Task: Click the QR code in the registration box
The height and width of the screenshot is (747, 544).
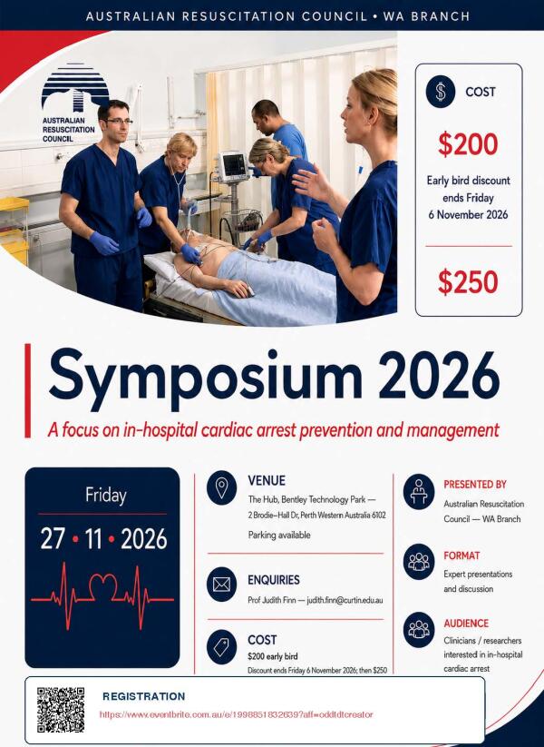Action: pos(61,710)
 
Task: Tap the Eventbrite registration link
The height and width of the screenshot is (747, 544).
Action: pos(236,714)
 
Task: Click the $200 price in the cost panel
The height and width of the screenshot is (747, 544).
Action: pos(468,144)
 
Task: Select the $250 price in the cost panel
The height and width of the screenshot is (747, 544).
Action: pos(468,281)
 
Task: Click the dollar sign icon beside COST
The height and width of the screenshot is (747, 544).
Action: pos(441,92)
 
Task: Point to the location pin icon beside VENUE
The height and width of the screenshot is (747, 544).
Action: pos(222,487)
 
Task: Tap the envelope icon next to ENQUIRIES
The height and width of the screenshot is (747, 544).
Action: pos(222,584)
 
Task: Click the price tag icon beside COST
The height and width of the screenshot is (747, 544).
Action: pos(222,647)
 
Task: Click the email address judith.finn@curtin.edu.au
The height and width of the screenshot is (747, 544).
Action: pos(345,600)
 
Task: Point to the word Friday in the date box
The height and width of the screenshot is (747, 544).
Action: pos(106,496)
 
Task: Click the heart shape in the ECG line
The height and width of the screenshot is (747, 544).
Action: pos(103,585)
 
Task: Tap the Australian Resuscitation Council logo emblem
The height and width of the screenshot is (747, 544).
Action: pos(74,87)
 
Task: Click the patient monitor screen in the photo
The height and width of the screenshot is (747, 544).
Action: pos(234,165)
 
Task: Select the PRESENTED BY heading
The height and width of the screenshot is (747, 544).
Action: pos(475,485)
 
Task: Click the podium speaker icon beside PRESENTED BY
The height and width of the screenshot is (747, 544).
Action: pos(418,492)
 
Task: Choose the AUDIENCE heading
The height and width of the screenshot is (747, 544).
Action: pos(466,624)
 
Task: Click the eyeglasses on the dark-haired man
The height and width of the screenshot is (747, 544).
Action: pos(118,122)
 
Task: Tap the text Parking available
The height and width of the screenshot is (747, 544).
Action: pos(279,535)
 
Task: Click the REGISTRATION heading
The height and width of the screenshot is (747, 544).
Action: pos(144,696)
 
